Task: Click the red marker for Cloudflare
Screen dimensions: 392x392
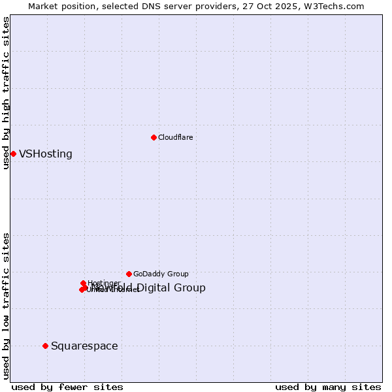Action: point(154,137)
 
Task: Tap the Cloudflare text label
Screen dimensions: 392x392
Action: point(175,137)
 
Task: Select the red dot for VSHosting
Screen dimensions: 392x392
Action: point(13,154)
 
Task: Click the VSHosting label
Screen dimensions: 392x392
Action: point(46,154)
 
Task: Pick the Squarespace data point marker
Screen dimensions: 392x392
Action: point(45,346)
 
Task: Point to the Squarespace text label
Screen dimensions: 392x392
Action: point(84,346)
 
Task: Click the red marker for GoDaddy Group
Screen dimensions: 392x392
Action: point(129,274)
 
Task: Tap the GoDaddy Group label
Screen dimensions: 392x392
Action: point(161,274)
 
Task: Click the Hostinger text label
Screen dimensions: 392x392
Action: point(104,283)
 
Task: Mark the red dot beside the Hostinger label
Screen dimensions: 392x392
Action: point(83,284)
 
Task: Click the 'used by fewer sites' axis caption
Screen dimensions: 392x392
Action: point(67,387)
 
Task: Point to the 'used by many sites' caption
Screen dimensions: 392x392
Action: point(328,387)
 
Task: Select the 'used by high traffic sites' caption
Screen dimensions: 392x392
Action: point(6,93)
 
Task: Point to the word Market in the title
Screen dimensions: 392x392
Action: point(44,6)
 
